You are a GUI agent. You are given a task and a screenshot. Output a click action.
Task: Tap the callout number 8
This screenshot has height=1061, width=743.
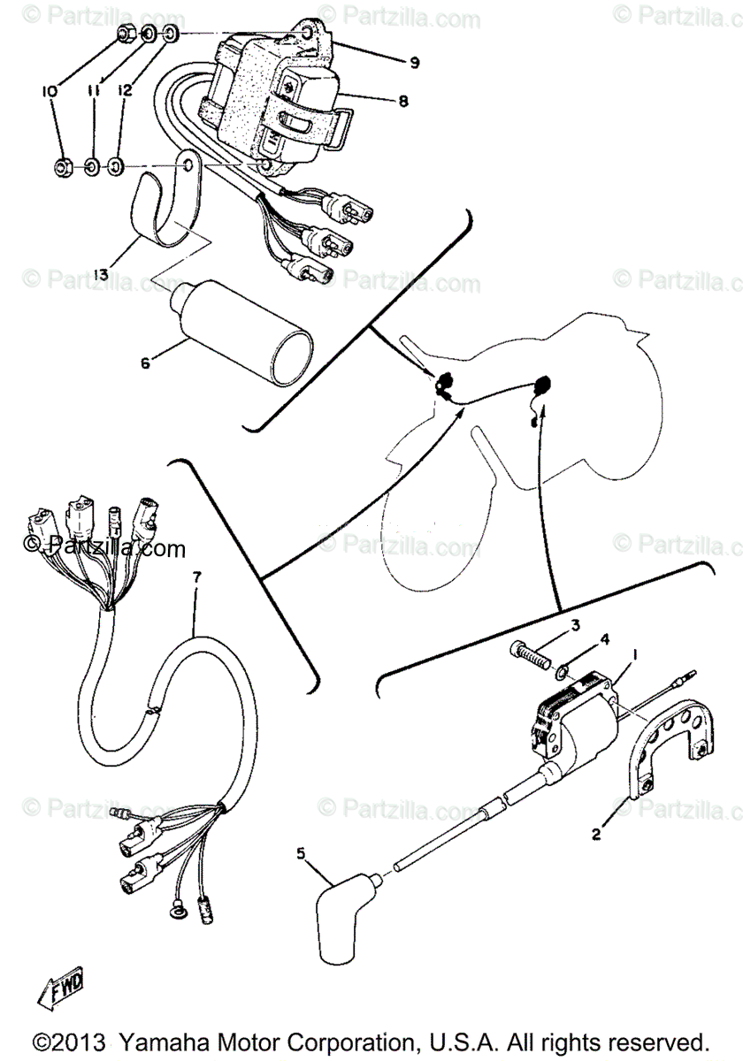tap(402, 102)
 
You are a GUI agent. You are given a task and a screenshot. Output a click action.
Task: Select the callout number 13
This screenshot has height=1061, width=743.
tap(103, 275)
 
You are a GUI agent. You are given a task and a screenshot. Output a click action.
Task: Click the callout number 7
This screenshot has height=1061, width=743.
tap(196, 577)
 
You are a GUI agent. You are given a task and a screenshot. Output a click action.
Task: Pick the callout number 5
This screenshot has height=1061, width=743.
tap(300, 853)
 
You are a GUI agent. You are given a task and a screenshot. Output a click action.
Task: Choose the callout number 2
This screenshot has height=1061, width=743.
tap(596, 833)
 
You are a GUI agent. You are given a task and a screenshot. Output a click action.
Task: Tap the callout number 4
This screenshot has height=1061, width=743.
tap(605, 637)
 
